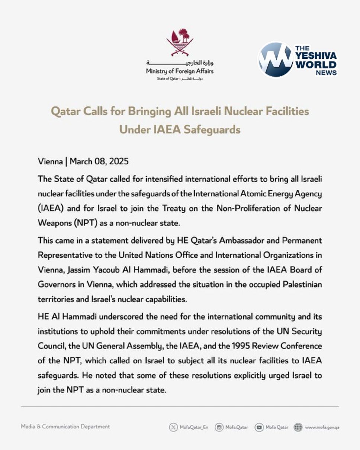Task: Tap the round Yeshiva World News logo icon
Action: click(276, 60)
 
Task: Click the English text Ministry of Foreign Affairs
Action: click(180, 71)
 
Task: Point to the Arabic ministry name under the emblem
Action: click(180, 63)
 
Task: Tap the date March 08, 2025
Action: click(99, 161)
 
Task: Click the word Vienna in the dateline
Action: click(50, 161)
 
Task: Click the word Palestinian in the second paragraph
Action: click(299, 285)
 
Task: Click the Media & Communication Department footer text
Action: click(65, 427)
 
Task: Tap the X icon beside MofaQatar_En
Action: click(173, 427)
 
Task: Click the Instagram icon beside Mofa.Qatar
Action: click(219, 427)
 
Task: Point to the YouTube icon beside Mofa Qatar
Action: click(259, 427)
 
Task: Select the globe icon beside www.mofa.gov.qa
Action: click(298, 427)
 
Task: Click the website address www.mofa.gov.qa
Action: click(322, 427)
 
